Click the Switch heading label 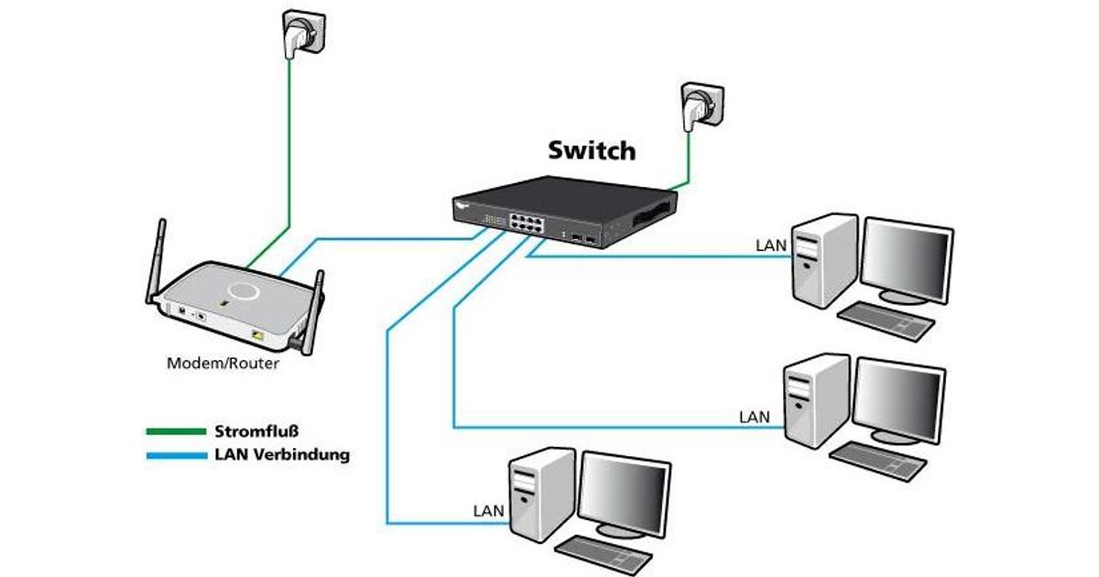[x=591, y=149]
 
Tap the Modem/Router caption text [x=223, y=363]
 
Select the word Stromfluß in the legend [x=257, y=430]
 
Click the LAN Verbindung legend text [x=281, y=454]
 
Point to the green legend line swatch [x=176, y=430]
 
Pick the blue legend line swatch [x=176, y=454]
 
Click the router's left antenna [x=156, y=261]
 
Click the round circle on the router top [x=245, y=292]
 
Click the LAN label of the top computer [x=771, y=245]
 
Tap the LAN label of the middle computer [x=755, y=417]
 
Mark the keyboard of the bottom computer [x=604, y=554]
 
